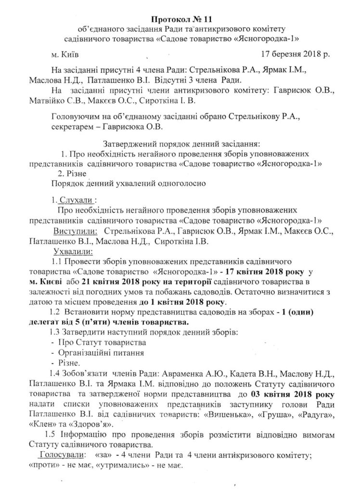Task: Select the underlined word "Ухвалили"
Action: (x=75, y=251)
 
